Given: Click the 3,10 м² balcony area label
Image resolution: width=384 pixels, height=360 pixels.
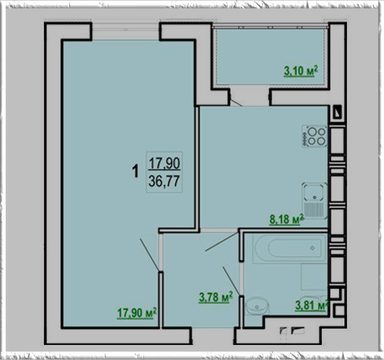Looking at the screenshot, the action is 301,71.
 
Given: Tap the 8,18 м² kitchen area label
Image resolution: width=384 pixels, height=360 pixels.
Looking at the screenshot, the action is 287,220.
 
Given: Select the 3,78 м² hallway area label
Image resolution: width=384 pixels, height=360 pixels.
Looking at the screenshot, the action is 215,297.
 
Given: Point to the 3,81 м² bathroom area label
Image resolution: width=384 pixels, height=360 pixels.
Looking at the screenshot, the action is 312,305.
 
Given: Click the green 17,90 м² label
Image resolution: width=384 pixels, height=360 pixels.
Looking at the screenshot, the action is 137,313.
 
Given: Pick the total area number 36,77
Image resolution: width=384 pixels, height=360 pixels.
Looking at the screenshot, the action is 164,181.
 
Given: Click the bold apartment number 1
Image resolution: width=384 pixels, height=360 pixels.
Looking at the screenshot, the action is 136,171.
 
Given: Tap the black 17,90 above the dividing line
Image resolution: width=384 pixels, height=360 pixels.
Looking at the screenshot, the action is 164,163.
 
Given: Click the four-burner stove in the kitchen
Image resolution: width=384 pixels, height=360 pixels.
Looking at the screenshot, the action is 314,136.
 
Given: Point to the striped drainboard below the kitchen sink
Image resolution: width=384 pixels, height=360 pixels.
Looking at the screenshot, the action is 314,209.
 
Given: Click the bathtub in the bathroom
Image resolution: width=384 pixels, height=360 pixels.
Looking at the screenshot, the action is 290,248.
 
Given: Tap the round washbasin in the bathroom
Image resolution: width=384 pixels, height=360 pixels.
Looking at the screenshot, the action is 257,306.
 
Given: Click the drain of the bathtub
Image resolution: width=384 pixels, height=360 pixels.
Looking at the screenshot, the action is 312,248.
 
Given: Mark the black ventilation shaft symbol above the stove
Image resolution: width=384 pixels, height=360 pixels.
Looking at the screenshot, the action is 338,112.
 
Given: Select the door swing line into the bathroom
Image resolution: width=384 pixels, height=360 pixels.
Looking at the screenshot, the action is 232,281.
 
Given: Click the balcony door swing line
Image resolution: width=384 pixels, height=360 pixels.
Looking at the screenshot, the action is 237,102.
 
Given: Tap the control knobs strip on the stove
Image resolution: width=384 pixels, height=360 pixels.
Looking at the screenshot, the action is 305,139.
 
